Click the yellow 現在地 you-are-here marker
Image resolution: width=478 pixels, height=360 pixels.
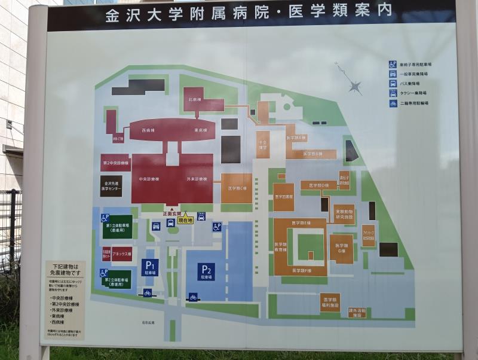185,219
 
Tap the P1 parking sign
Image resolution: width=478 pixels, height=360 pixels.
149,267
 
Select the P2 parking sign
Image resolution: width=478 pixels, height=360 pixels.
207,271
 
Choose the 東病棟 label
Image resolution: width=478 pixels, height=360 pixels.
200,130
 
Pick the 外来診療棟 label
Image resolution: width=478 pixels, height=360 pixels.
197,179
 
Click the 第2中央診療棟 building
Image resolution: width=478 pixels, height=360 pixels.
115,163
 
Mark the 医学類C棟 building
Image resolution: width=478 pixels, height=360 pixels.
237,188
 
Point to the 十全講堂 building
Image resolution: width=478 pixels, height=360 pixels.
263,144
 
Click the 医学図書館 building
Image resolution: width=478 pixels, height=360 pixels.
284,197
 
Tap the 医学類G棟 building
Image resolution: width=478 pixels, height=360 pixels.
341,248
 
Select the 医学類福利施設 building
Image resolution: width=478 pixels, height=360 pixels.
330,301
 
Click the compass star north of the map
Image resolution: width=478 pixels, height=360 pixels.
355,87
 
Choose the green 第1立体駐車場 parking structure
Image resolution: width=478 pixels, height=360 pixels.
117,227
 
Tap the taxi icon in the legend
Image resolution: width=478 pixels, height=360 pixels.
393,93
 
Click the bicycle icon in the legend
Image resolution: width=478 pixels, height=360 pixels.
393,103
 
